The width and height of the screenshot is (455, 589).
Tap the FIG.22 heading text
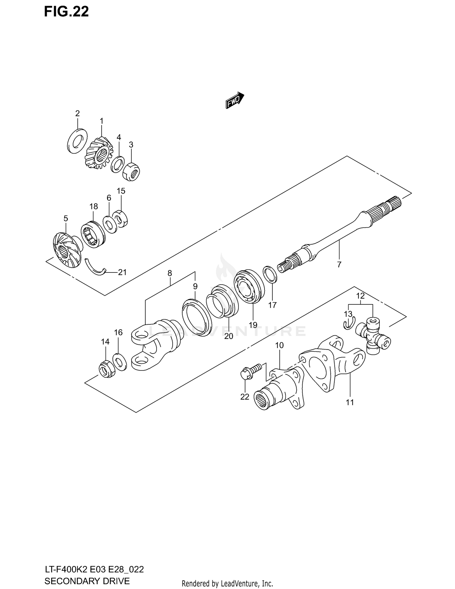coord(66,12)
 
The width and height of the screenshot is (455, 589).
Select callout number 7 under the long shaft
coord(339,264)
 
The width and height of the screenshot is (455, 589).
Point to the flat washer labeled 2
coord(76,141)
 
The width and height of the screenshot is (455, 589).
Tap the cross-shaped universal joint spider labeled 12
coord(373,335)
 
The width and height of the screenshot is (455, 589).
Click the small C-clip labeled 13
coord(349,324)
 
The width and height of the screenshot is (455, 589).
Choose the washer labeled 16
coord(120,362)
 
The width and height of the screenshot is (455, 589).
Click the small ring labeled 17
coord(270,274)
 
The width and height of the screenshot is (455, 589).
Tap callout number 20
coord(229,336)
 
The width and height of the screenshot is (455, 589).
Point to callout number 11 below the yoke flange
coord(350,402)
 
